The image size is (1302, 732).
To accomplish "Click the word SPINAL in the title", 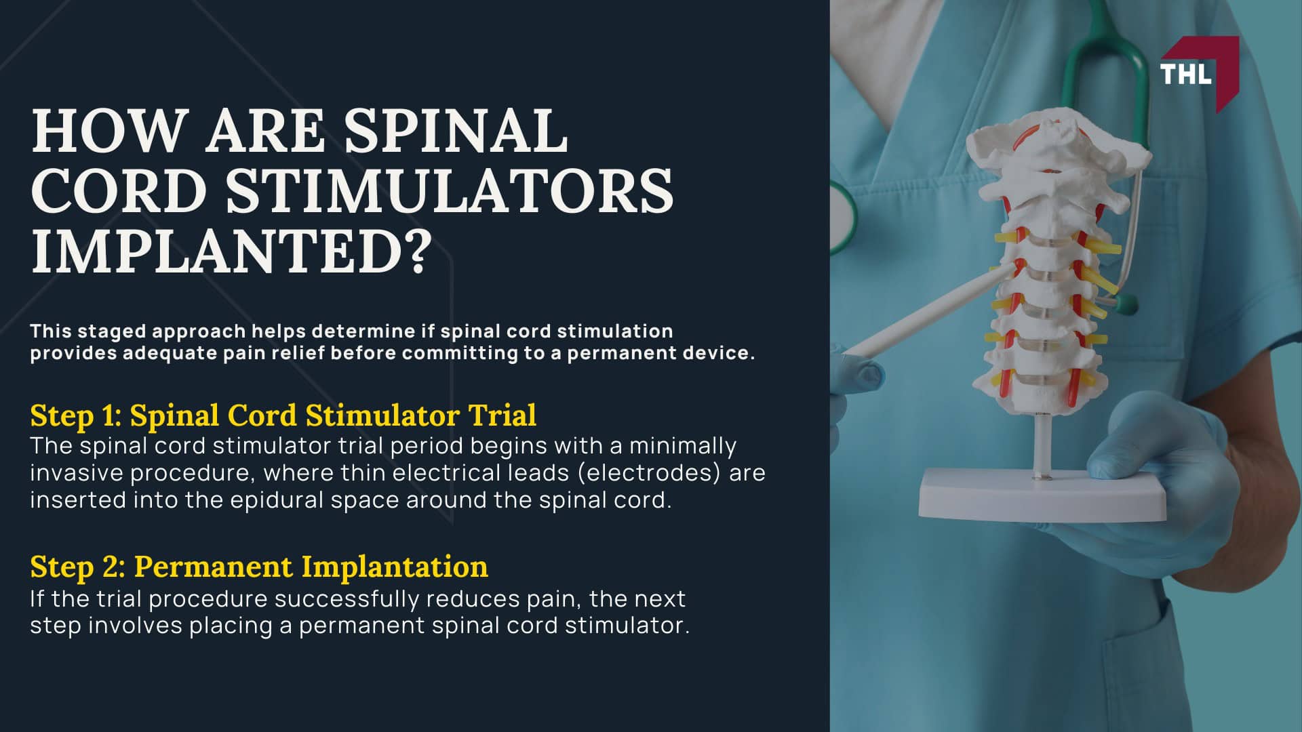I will [456, 131].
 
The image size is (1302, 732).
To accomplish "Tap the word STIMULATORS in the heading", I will [450, 190].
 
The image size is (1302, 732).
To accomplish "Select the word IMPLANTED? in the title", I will [231, 250].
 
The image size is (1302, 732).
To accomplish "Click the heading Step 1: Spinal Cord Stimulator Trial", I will [283, 415].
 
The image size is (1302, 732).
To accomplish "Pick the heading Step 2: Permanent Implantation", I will [258, 567].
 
